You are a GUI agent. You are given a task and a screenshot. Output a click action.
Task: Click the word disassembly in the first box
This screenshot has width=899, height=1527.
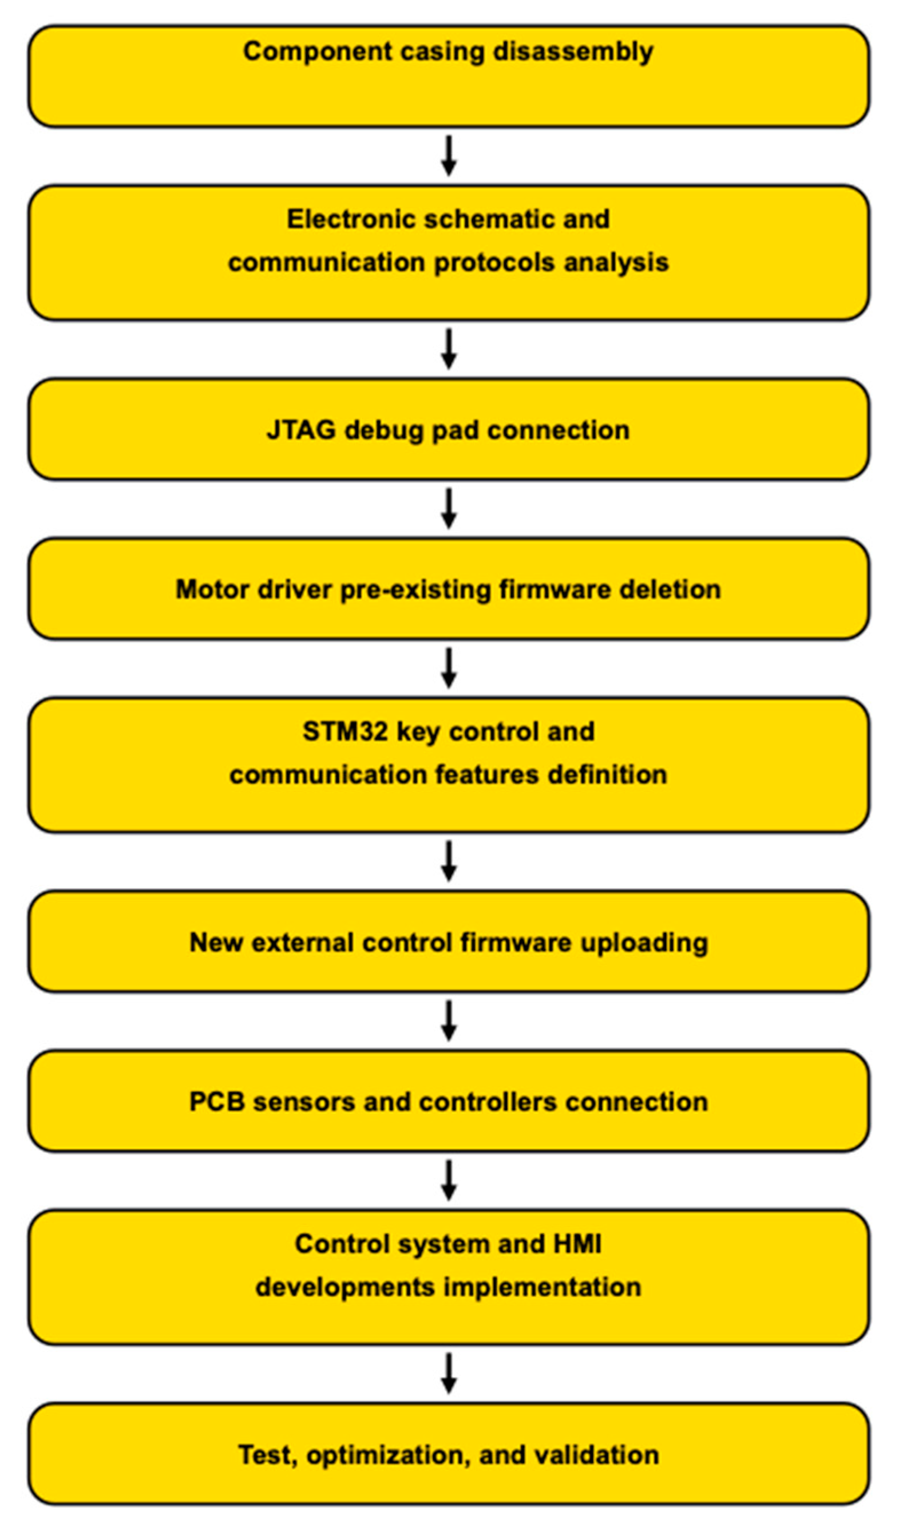572,52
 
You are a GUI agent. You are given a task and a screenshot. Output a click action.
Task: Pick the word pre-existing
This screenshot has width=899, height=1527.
415,590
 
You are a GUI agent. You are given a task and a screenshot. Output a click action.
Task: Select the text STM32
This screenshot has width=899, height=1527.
344,731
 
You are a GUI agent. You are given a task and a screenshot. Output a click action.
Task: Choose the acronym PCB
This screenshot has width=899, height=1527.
216,1102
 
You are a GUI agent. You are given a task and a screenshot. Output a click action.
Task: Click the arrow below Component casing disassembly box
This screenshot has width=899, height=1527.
448,156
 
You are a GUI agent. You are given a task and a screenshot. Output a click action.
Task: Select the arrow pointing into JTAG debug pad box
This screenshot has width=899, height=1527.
448,349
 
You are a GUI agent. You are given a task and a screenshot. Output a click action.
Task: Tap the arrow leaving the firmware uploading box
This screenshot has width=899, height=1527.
448,1021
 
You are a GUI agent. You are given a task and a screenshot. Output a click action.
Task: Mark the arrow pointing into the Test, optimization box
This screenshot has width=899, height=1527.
448,1374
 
